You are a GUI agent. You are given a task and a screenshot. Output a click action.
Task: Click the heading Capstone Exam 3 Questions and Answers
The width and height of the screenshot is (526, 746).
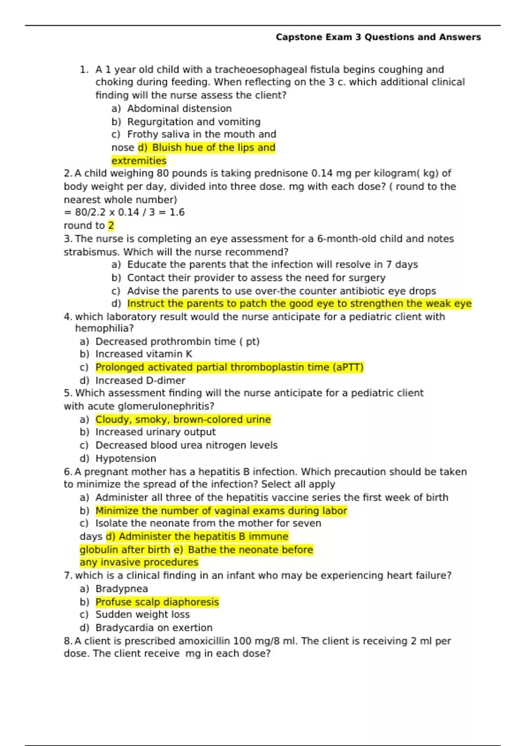[378, 37]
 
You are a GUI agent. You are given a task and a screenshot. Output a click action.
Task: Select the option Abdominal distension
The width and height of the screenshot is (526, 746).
[179, 108]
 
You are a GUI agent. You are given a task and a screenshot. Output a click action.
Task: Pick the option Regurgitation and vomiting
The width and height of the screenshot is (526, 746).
[193, 122]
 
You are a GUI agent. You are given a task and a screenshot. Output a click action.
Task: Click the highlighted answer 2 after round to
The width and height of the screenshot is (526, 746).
[111, 226]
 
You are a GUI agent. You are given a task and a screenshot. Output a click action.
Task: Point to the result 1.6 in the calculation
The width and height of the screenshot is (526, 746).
[177, 212]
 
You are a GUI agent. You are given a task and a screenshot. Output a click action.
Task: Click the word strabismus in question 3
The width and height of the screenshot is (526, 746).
[91, 252]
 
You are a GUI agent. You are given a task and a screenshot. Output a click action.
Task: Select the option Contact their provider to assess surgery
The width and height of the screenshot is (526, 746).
[256, 278]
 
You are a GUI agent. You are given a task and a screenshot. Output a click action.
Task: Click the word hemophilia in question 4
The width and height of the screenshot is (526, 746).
[103, 328]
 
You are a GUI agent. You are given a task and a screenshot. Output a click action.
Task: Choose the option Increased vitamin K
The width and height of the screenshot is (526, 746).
[144, 354]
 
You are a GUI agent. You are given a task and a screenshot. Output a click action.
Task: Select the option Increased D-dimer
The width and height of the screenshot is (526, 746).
[140, 380]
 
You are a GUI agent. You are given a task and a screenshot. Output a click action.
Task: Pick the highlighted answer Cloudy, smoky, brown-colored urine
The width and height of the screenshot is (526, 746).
[183, 420]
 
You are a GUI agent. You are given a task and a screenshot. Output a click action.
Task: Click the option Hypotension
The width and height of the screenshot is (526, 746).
[125, 459]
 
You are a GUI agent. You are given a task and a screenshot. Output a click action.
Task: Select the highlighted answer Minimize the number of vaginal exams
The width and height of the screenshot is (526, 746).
[221, 511]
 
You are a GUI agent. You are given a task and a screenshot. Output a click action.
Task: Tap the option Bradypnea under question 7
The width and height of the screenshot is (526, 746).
[121, 589]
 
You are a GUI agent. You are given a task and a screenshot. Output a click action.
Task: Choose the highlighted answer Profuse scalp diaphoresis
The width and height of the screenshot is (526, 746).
[157, 602]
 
